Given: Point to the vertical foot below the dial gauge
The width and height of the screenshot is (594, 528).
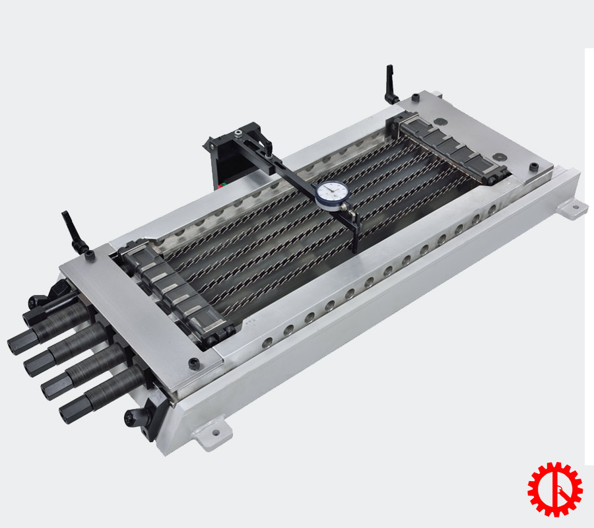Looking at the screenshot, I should point(357,238).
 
